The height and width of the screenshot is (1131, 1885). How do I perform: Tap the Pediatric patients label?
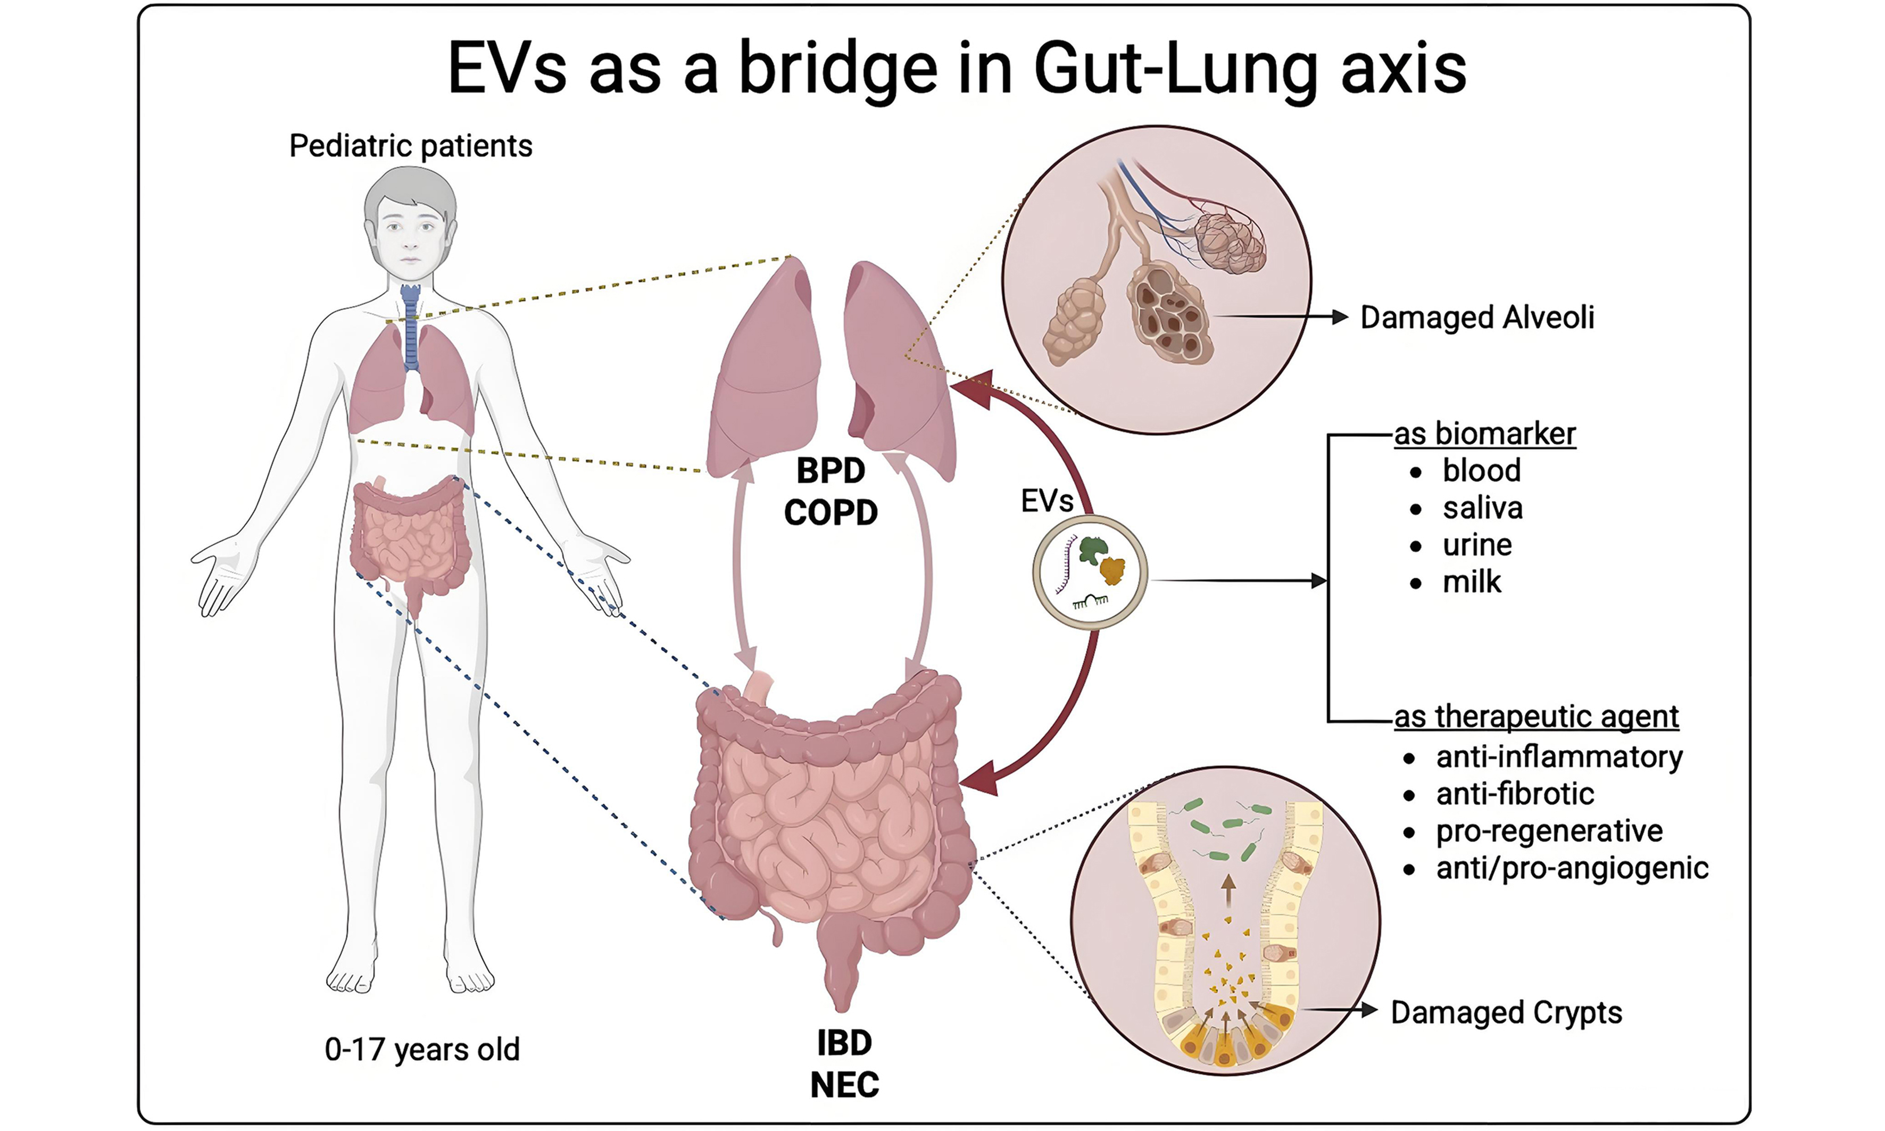pos(410,146)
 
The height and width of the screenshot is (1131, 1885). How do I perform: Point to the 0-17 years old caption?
pos(421,1050)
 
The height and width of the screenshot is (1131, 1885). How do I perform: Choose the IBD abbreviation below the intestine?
pos(844,1043)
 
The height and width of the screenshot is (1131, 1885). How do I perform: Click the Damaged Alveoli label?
pos(1476,318)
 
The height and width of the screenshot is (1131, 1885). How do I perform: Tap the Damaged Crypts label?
pos(1506,1013)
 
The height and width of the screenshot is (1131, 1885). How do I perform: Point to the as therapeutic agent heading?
pos(1536,717)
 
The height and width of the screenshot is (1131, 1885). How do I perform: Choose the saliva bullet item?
pos(1482,508)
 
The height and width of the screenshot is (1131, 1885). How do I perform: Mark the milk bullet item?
pos(1471,583)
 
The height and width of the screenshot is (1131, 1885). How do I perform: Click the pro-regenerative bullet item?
pos(1549,831)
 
